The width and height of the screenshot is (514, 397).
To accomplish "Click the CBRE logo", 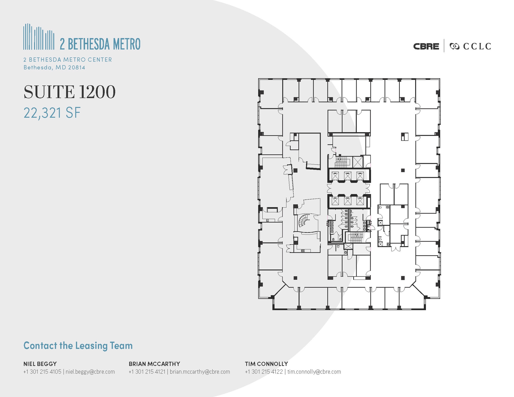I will tap(426, 46).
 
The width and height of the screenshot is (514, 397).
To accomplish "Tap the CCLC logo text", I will tap(477, 46).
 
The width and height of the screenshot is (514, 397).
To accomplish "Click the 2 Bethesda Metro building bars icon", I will tap(39, 37).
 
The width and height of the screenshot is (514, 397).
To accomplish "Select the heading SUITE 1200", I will tap(70, 92).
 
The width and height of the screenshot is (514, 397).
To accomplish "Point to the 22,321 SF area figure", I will tap(52, 113).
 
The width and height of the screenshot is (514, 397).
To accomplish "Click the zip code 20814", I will tap(77, 67).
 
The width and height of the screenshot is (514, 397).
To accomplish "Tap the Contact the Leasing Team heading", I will tap(78, 346).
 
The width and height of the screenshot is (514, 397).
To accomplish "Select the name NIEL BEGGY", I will tap(40, 364).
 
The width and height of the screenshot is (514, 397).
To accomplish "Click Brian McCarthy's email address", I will tap(200, 372).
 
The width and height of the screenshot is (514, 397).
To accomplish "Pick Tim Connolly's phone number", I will tap(264, 372).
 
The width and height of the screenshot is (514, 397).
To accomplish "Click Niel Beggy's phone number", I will tap(42, 372).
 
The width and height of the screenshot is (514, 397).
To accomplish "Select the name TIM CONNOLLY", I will tap(266, 364).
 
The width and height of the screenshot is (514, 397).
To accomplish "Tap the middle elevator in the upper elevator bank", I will tap(348, 176).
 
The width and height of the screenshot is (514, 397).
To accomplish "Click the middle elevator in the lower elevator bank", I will tap(348, 201).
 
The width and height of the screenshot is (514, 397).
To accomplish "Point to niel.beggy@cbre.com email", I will tap(90, 372).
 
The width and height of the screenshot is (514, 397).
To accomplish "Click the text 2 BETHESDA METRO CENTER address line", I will tap(68, 60).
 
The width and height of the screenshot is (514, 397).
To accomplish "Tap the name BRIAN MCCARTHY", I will tap(154, 364).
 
